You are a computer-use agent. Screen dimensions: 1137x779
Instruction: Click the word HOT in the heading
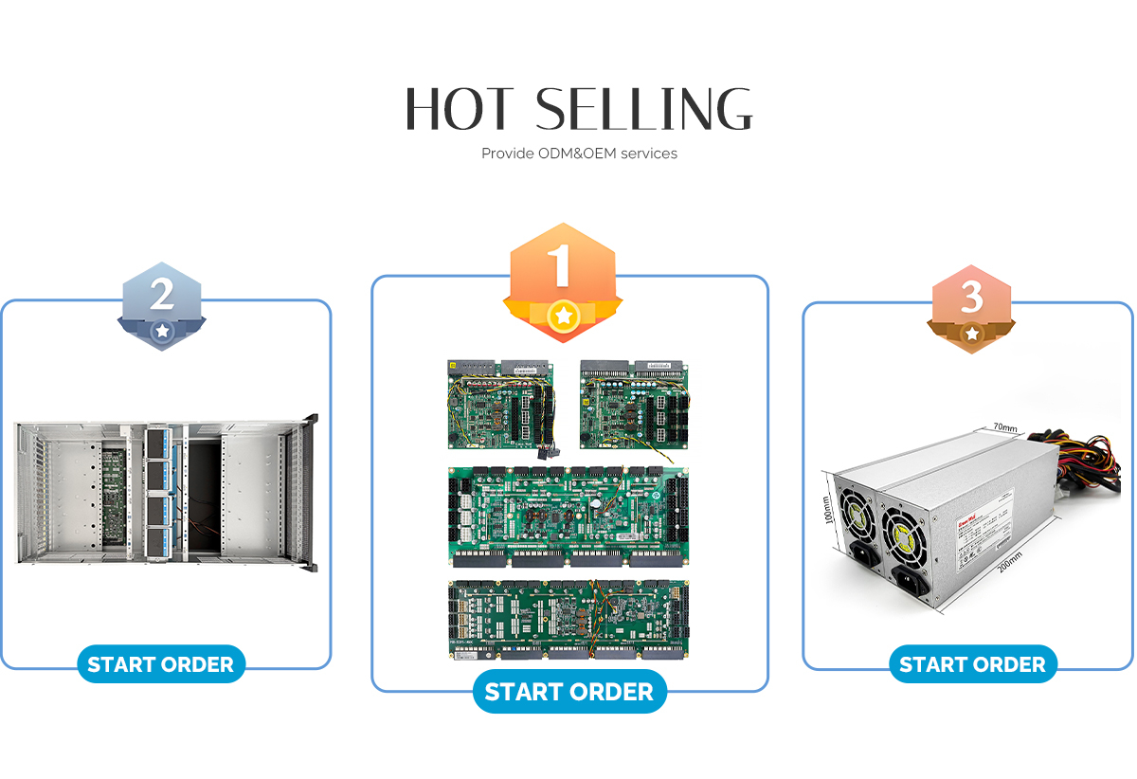[460, 109]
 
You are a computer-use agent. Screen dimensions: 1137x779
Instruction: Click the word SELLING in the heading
[644, 109]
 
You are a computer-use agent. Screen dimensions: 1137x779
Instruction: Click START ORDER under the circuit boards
[569, 693]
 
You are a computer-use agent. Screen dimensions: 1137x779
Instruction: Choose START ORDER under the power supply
[972, 664]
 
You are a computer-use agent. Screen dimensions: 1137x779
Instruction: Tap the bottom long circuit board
[568, 620]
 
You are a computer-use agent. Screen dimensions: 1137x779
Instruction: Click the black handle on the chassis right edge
[314, 493]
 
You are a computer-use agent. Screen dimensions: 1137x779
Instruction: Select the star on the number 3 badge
[972, 334]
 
